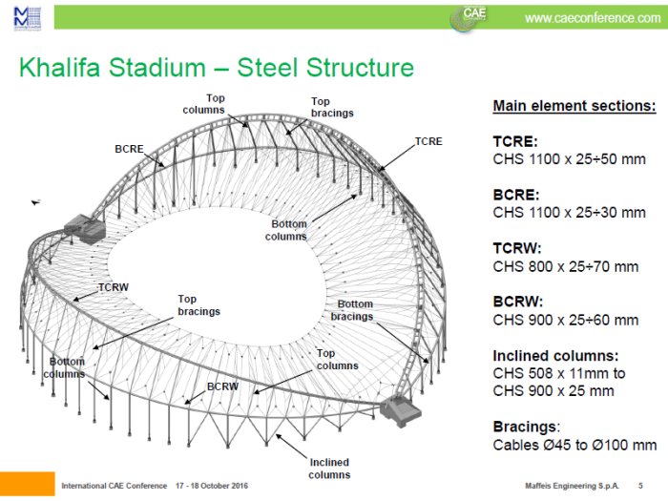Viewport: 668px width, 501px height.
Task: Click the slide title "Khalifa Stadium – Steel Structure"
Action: [x=217, y=68]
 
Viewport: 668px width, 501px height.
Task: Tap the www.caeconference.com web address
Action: [x=592, y=17]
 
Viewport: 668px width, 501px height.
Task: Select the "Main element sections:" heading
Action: [x=574, y=106]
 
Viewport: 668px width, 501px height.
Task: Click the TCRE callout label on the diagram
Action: [x=428, y=141]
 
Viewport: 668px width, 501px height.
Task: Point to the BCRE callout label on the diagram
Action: [x=130, y=150]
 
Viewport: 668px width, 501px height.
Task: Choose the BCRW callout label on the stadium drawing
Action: [x=221, y=388]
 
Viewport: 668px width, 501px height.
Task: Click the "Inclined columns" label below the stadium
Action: [x=329, y=469]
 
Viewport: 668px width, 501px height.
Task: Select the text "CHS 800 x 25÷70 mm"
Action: [x=565, y=266]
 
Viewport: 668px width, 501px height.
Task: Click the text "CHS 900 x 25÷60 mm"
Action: [x=565, y=320]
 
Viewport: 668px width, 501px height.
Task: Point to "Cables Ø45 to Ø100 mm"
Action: [x=574, y=445]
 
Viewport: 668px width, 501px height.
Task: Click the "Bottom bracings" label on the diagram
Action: [x=354, y=310]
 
